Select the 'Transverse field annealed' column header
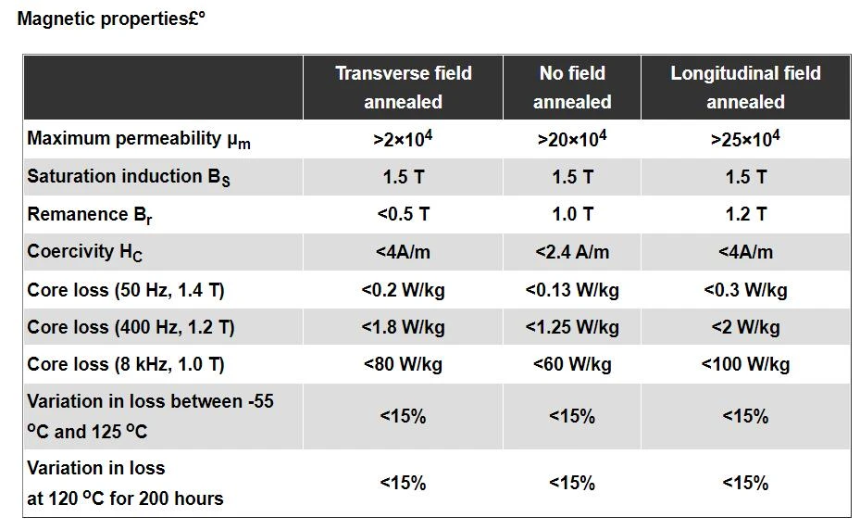point(403,87)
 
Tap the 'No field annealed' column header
point(572,87)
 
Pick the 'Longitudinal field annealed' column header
point(745,87)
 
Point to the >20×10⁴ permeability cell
point(572,138)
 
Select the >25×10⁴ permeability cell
point(745,138)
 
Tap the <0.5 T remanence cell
point(403,214)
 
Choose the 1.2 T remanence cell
point(745,214)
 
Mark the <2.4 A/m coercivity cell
point(572,252)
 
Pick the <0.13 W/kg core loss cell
point(572,290)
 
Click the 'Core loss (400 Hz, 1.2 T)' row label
point(131,328)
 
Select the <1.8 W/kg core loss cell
point(403,327)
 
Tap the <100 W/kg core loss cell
point(745,364)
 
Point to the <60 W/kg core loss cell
point(572,364)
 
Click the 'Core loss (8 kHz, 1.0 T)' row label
point(126,365)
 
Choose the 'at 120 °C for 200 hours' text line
point(125,498)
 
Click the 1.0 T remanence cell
point(572,214)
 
